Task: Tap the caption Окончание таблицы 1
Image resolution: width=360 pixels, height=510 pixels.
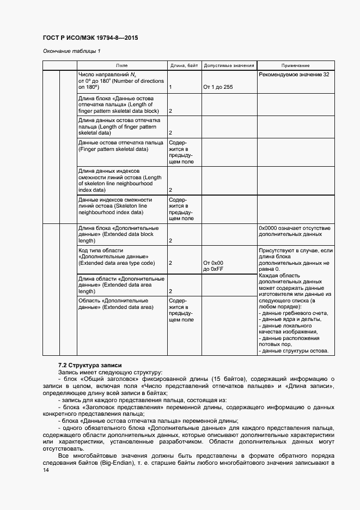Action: pos(71,51)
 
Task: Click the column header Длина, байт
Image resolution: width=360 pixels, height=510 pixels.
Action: pos(184,65)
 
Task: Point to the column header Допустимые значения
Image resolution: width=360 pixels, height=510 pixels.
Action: pos(229,65)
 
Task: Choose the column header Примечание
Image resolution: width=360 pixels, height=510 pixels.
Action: pos(296,65)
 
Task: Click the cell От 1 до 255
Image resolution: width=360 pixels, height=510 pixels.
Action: pos(218,87)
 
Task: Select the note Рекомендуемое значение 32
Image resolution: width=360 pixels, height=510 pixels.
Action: pos(294,74)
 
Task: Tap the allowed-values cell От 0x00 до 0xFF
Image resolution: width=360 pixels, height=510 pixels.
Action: pos(213,266)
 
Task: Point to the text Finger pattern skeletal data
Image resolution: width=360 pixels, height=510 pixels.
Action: pos(113,149)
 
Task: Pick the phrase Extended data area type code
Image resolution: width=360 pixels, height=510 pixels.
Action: pos(117,263)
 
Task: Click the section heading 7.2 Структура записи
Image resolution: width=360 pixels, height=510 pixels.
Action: pos(90,365)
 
